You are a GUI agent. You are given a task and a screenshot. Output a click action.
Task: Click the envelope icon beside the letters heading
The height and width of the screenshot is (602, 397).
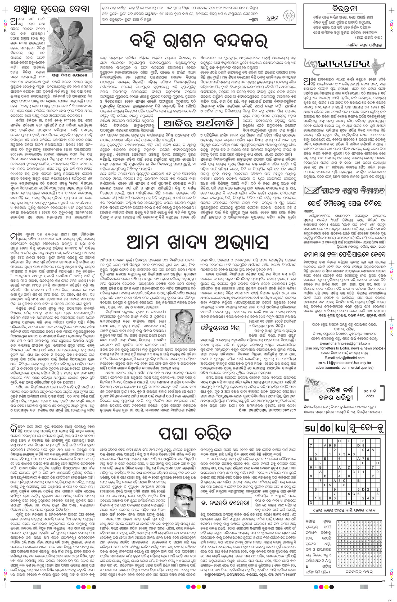pyautogui.click(x=312, y=190)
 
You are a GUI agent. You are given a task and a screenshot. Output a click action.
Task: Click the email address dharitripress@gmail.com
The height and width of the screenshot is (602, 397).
pyautogui.click(x=352, y=343)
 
